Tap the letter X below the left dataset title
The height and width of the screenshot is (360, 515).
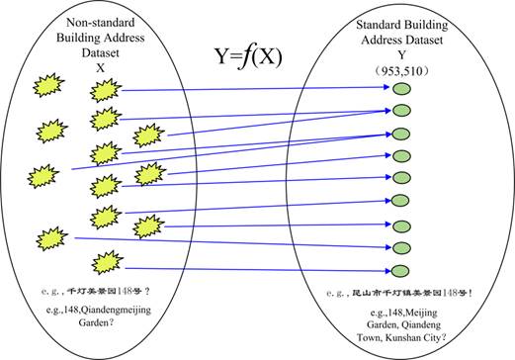[100, 68]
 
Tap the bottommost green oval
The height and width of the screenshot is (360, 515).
[401, 270]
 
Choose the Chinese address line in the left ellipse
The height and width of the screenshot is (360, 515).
[108, 291]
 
